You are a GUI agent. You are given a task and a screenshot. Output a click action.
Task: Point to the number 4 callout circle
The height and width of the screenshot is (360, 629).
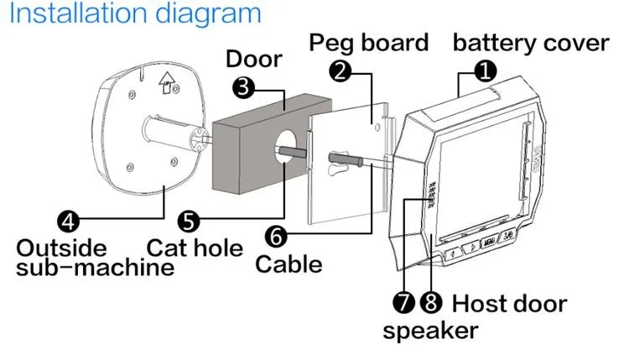(x=70, y=222)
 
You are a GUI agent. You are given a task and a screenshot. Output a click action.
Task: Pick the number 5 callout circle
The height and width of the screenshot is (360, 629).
(x=190, y=222)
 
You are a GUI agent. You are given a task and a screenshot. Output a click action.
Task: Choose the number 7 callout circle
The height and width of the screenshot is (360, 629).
(x=403, y=300)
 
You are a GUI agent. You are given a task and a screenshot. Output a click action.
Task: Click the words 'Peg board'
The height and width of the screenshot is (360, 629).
(x=368, y=43)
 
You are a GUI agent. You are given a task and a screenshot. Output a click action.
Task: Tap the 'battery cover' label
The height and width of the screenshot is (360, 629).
(x=530, y=43)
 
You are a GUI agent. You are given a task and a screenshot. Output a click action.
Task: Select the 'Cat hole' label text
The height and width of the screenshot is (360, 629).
(x=195, y=248)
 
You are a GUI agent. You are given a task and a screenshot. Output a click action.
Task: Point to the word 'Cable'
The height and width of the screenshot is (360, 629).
(x=289, y=265)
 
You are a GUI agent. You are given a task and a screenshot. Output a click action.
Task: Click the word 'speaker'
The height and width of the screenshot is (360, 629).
(x=430, y=330)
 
